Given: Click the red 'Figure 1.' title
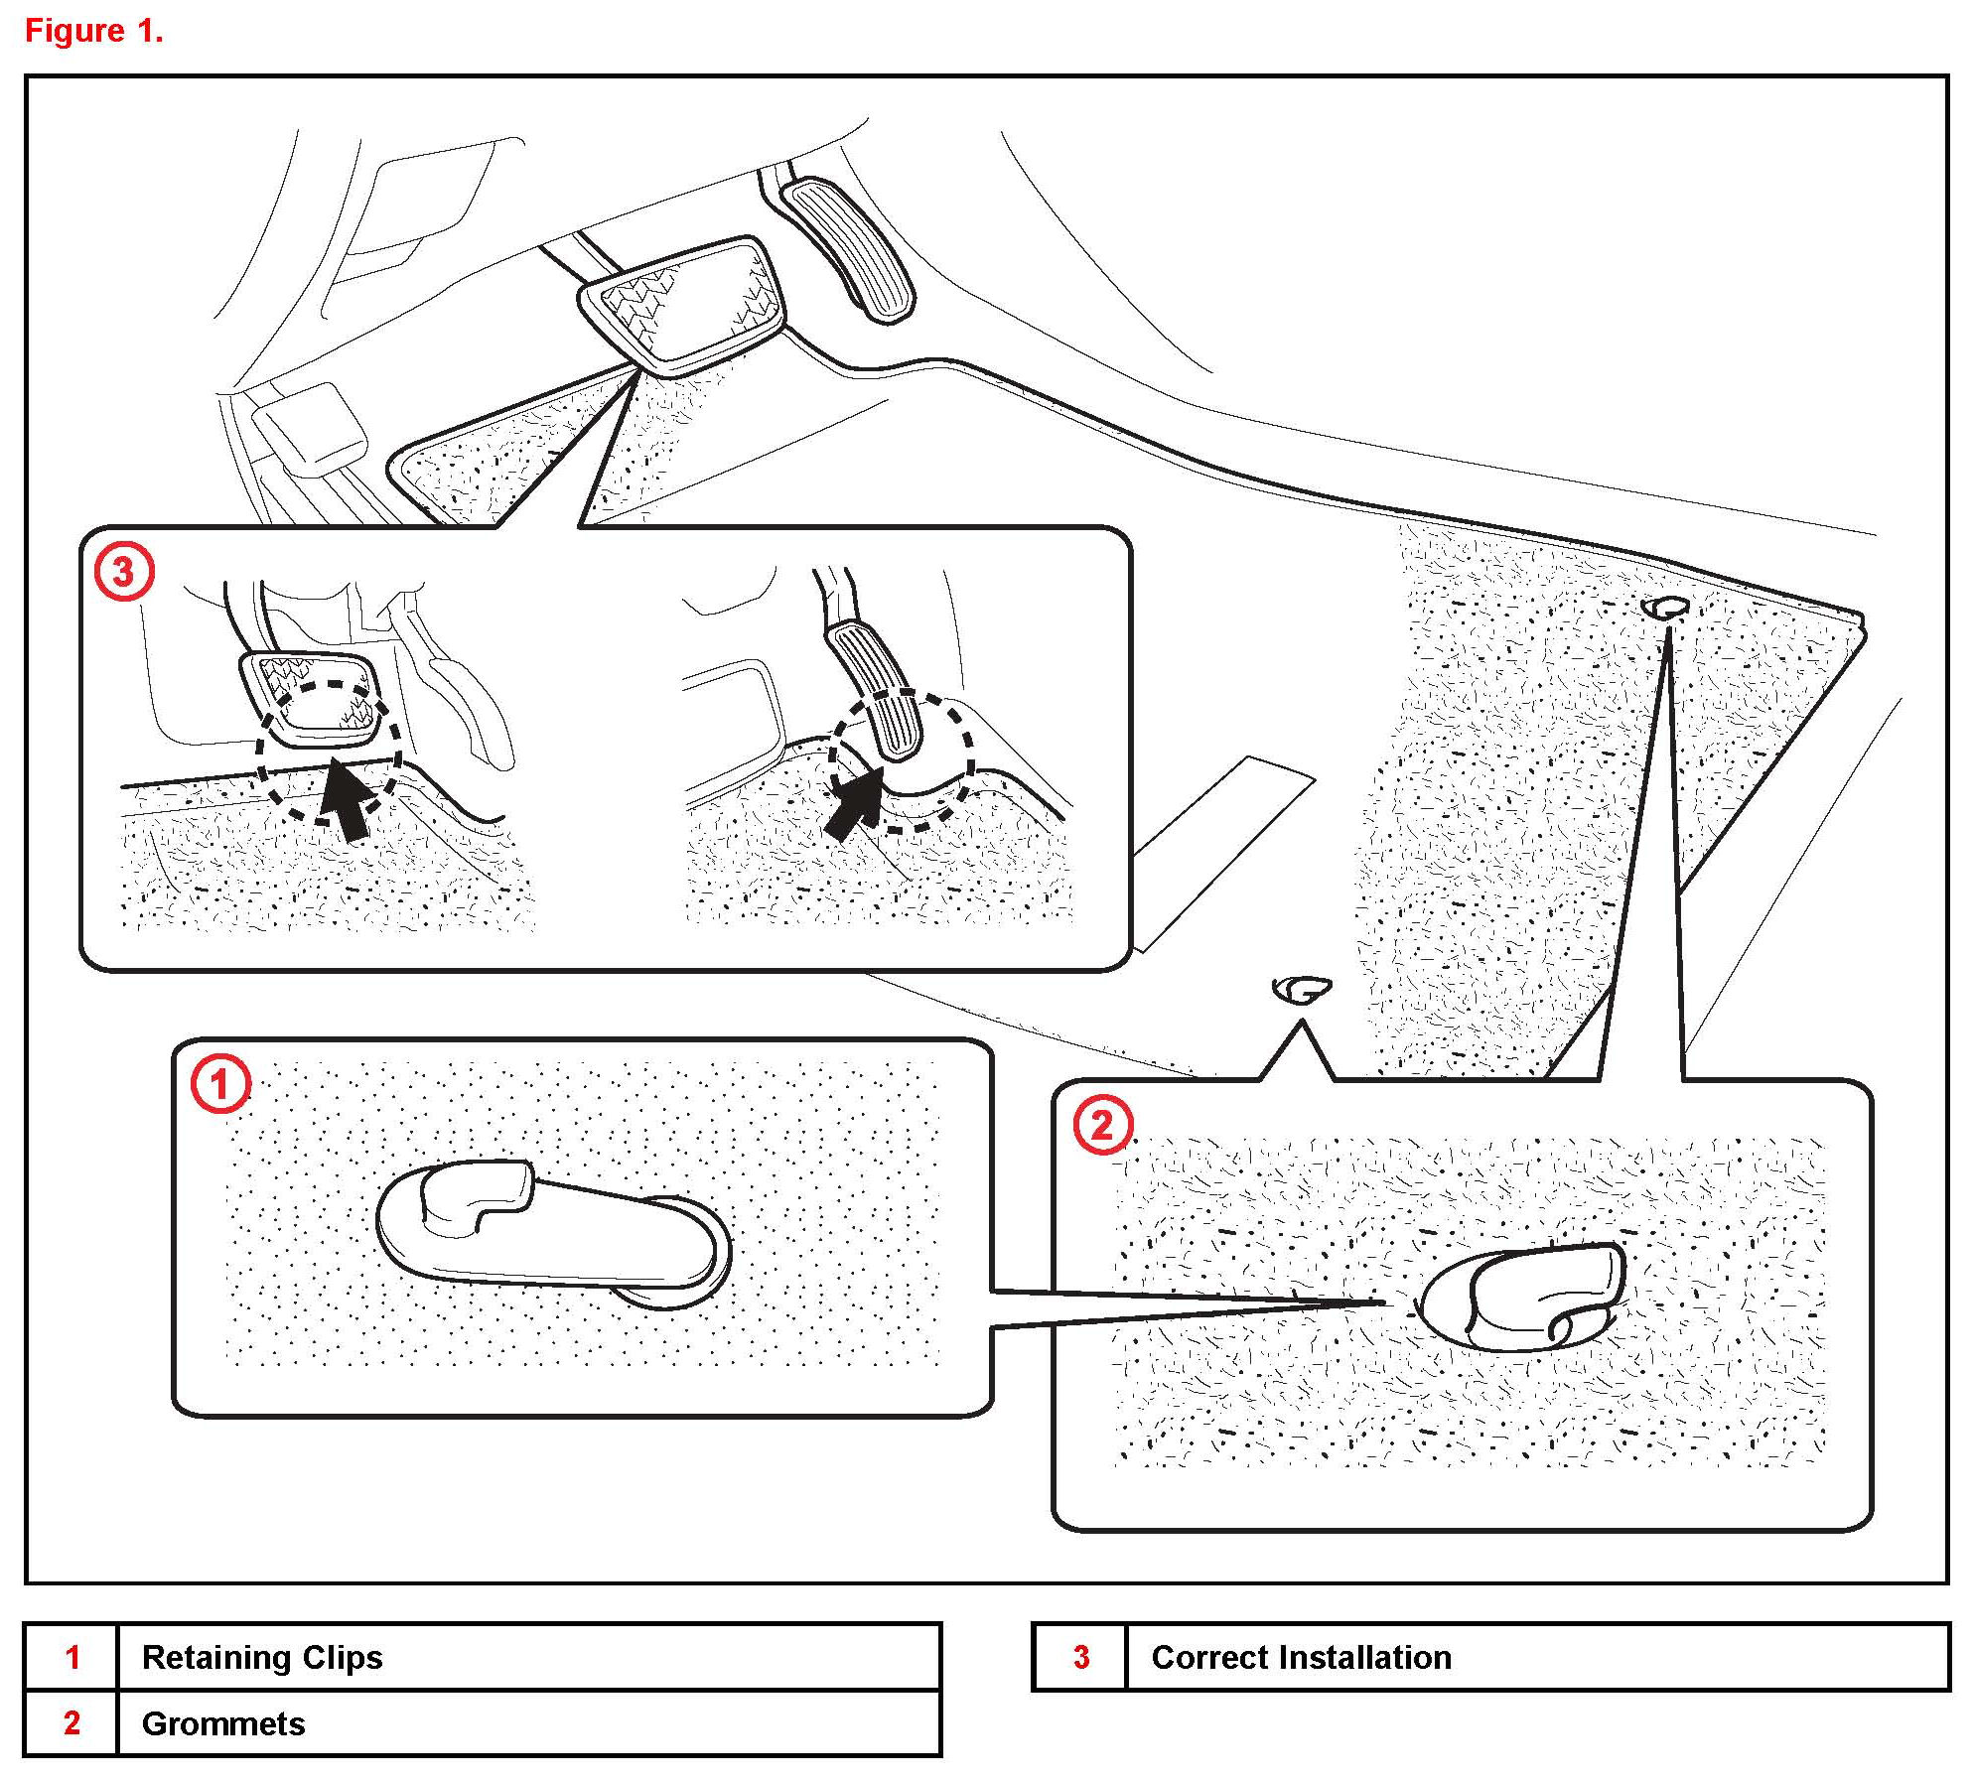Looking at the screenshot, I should coord(93,31).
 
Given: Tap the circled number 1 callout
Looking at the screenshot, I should coord(219,1084).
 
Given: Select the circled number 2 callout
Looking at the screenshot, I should coord(1102,1126).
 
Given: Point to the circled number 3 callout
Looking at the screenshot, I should coord(123,573).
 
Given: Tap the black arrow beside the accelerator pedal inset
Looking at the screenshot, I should coord(855,803).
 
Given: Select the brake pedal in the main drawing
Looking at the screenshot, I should coord(683,304).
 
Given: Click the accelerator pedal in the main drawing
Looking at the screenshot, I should coord(847,248).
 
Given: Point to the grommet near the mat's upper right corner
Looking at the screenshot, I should coord(1666,607).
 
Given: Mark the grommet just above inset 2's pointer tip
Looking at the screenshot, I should coord(1301,989).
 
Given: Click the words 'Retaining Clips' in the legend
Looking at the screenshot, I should coord(262,1657).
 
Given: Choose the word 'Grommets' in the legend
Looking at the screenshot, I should coord(223,1723).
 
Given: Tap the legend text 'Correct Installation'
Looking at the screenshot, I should coord(1301,1657).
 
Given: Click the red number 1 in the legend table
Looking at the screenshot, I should coord(71,1657).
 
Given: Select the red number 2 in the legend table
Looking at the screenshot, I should coord(71,1723).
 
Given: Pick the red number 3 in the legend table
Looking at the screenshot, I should coord(1081,1657).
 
